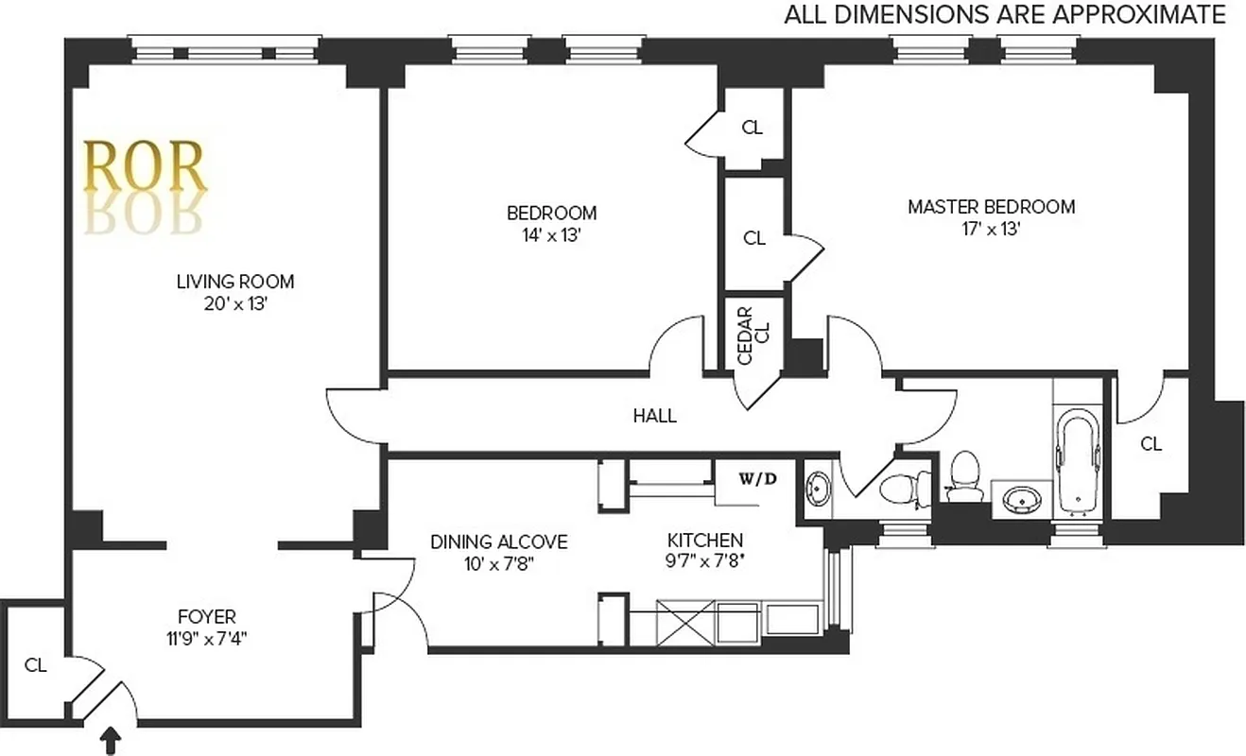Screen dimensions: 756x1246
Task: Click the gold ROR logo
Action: point(145,167)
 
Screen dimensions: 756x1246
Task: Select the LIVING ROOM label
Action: point(234,282)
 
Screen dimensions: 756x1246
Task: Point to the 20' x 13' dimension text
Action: point(234,304)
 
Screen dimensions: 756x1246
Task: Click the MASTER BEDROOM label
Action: point(991,206)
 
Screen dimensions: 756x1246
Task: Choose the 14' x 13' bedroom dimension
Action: point(551,235)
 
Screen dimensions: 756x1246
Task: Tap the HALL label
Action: point(655,415)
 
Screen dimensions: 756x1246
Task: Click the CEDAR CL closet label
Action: point(753,335)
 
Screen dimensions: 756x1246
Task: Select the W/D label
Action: point(757,478)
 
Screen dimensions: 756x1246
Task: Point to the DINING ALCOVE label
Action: point(499,541)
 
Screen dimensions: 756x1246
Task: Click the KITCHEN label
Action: point(704,541)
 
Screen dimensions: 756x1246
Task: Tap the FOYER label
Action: point(212,617)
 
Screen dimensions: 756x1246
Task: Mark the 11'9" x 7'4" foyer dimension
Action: point(212,638)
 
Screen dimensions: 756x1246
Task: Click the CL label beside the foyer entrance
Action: point(35,665)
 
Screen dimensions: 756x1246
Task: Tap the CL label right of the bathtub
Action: point(1151,443)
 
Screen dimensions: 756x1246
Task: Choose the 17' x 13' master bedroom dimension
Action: point(991,229)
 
